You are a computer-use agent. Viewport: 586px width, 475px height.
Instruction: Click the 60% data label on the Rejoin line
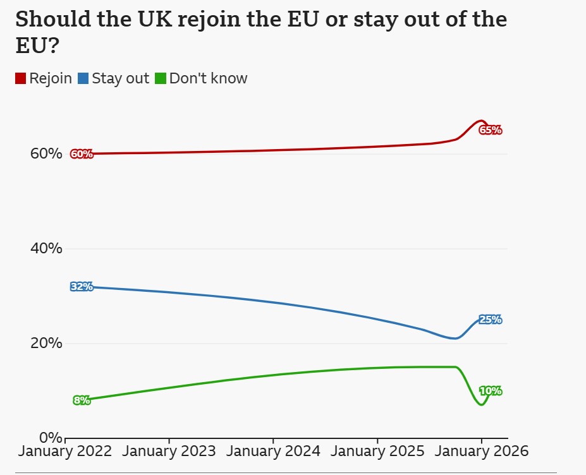pyautogui.click(x=82, y=154)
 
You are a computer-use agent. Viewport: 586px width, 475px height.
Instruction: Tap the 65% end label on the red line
pyautogui.click(x=491, y=130)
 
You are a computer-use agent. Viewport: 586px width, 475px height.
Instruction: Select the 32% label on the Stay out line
pyautogui.click(x=82, y=287)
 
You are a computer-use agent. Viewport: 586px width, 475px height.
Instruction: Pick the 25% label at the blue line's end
pyautogui.click(x=491, y=320)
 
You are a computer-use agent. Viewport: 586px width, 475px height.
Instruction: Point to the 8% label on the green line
pyautogui.click(x=82, y=400)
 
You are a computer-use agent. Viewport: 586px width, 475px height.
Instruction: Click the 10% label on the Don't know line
pyautogui.click(x=491, y=391)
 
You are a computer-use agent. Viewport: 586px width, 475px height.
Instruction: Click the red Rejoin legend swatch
pyautogui.click(x=20, y=79)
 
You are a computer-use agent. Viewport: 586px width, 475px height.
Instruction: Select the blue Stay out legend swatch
pyautogui.click(x=83, y=79)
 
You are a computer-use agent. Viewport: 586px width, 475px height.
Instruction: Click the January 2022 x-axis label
pyautogui.click(x=65, y=452)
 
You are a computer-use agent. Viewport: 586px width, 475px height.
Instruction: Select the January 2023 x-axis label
pyautogui.click(x=169, y=452)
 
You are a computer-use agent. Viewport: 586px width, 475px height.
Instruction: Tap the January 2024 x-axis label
pyautogui.click(x=273, y=452)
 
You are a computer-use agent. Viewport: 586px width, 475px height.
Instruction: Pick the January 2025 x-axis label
pyautogui.click(x=377, y=452)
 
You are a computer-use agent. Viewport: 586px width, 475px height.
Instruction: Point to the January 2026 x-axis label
pyautogui.click(x=481, y=452)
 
